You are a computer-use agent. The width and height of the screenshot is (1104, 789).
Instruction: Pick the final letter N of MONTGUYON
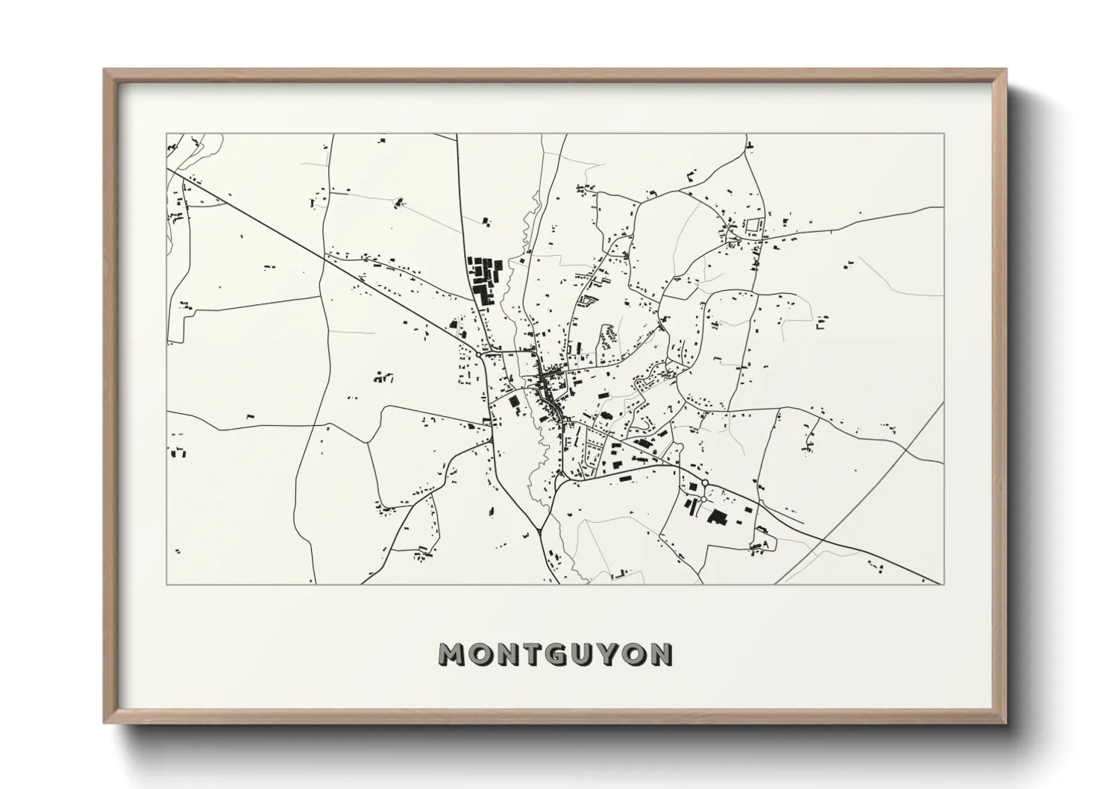point(662,654)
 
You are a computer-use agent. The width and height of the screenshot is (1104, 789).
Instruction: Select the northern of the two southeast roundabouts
point(705,483)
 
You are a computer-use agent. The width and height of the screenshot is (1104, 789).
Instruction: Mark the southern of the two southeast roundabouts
point(703,499)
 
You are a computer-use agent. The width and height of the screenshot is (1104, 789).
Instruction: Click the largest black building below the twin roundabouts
point(717,517)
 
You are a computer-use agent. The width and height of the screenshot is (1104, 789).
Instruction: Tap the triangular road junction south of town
point(539,532)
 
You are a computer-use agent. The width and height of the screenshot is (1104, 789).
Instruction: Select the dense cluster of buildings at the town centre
point(549,386)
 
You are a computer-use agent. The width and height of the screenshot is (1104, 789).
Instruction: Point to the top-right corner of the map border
point(944,134)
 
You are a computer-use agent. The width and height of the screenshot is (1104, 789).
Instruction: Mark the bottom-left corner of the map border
point(166,584)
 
